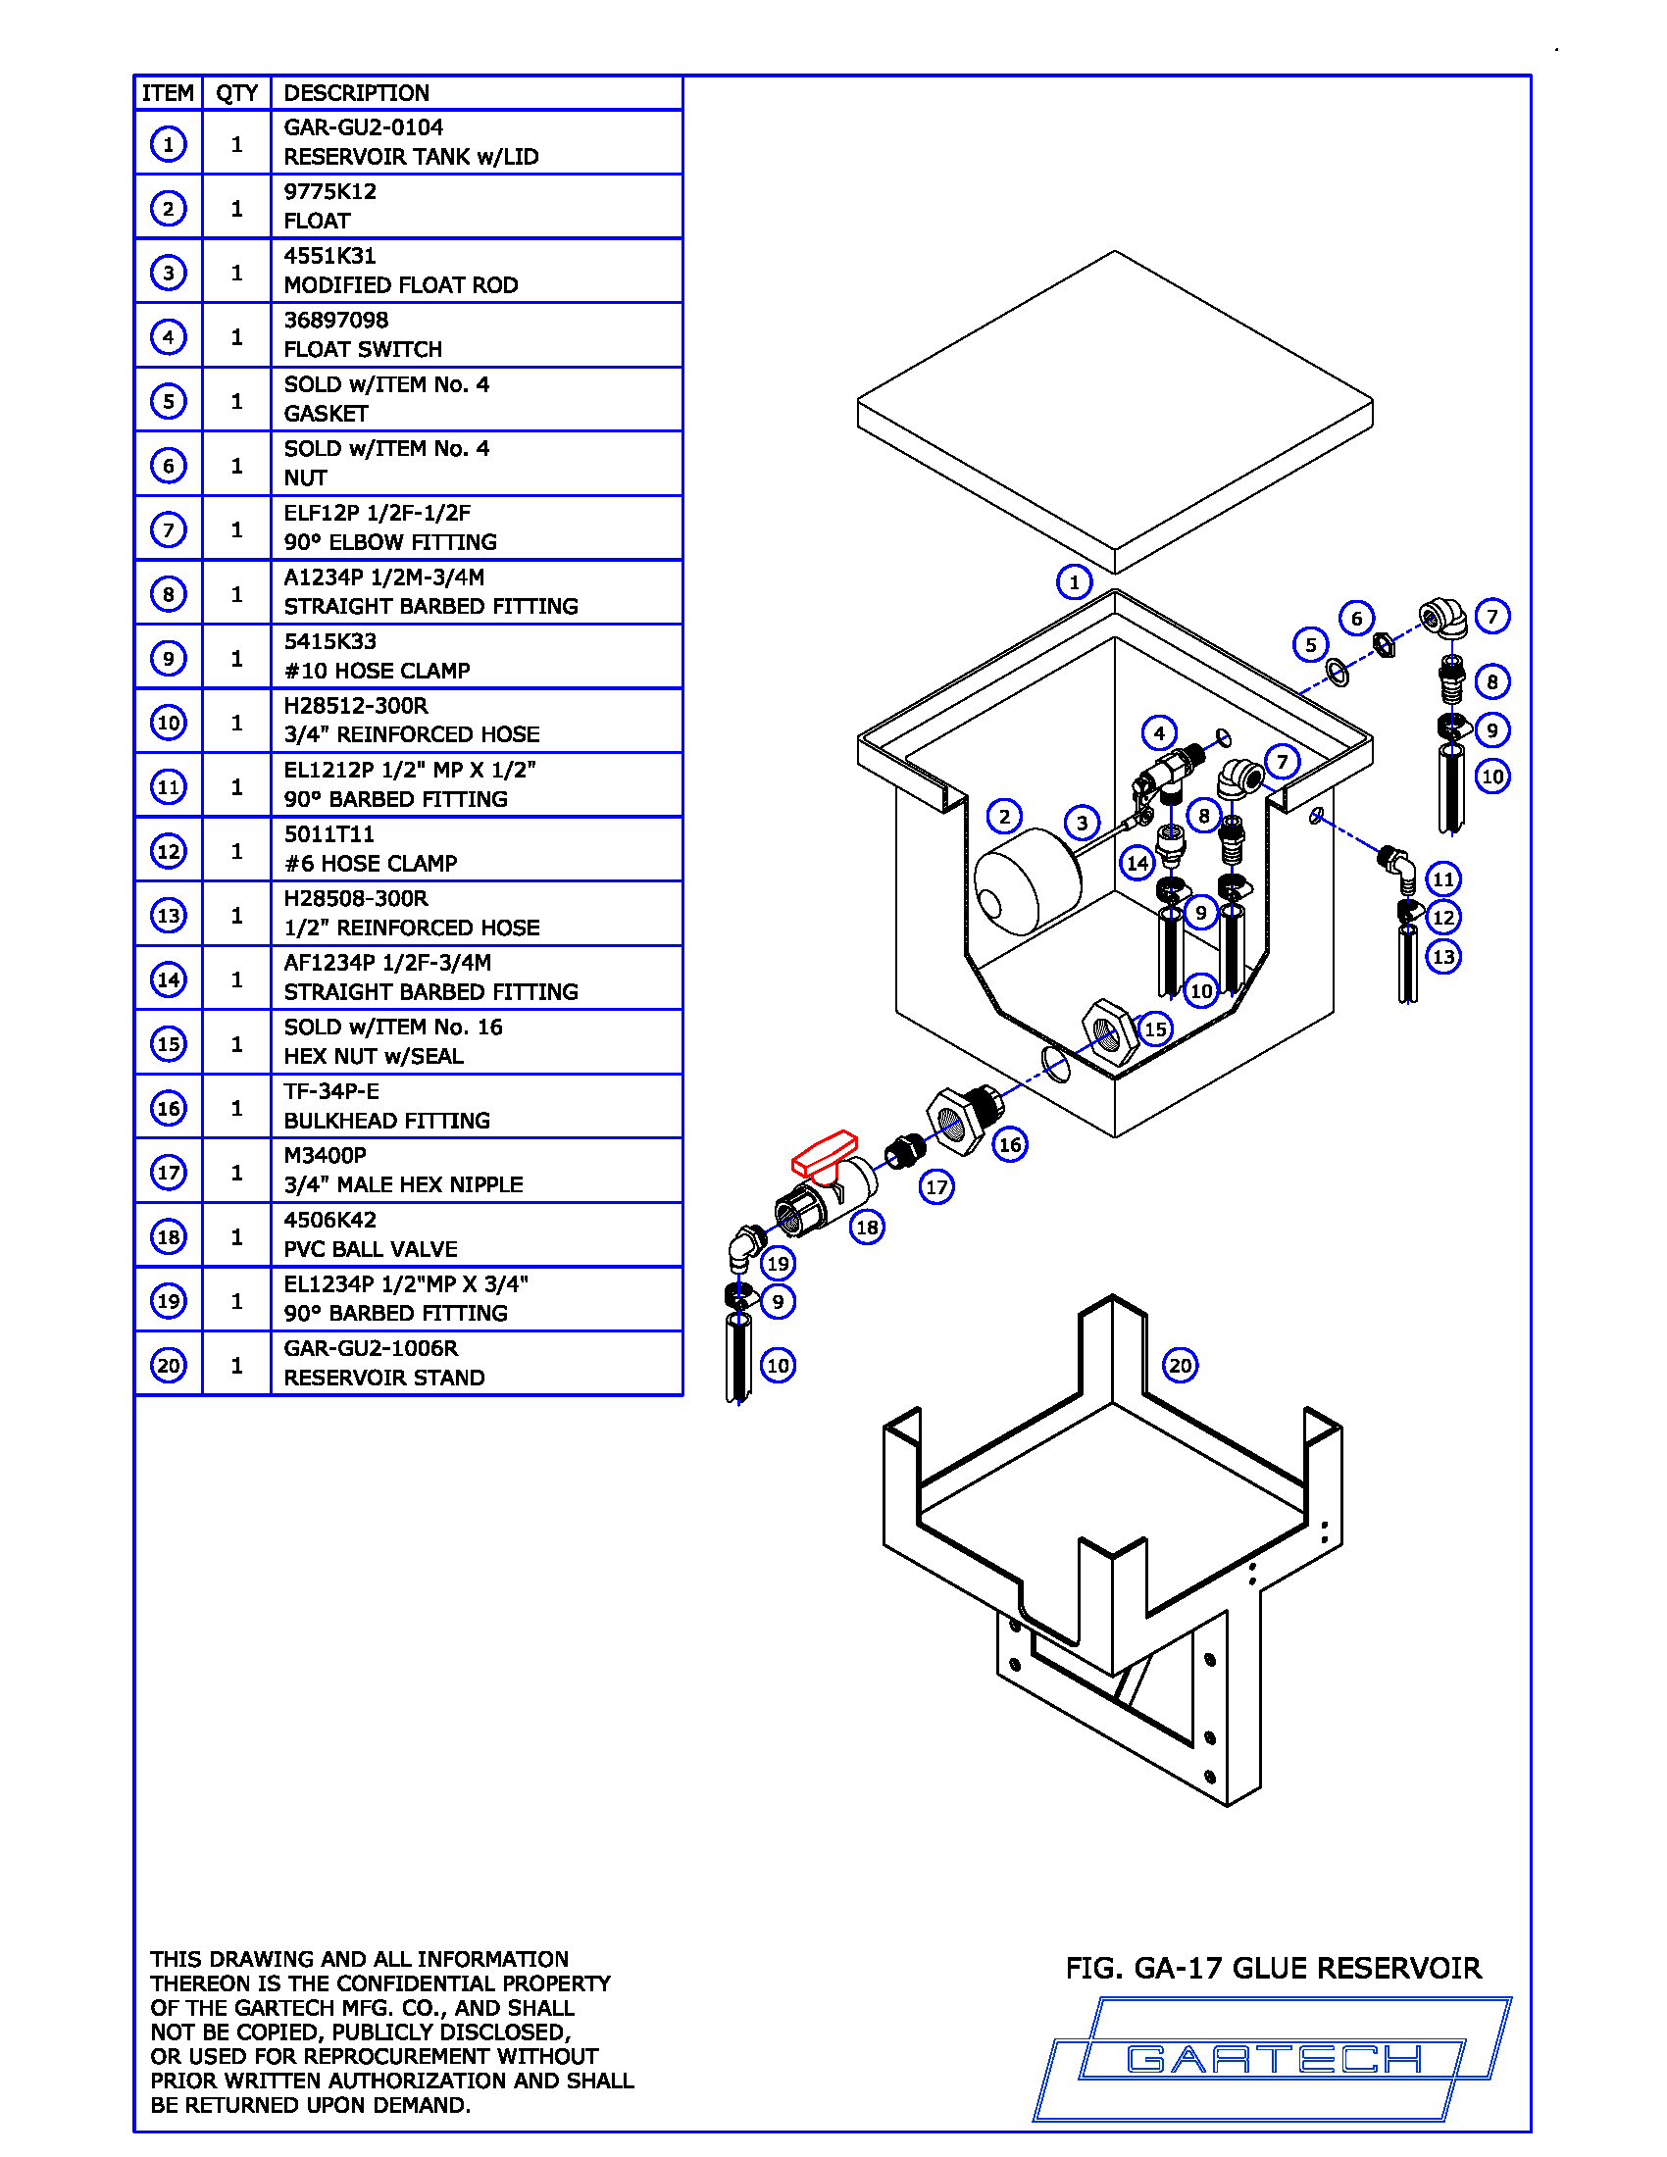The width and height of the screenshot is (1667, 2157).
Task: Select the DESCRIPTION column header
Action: coord(357,93)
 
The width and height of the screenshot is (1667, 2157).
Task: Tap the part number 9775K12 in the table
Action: coord(329,191)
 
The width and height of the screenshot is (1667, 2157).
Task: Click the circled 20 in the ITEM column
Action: coord(169,1365)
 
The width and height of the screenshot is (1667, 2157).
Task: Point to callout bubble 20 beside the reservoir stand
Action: coord(1180,1365)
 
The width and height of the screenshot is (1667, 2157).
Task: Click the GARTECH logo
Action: coord(1273,2059)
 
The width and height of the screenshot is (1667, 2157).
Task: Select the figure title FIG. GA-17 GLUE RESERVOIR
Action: coord(1273,1969)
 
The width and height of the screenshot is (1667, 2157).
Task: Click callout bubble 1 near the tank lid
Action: coord(1075,581)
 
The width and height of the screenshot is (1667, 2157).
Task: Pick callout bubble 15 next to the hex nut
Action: coord(1155,1029)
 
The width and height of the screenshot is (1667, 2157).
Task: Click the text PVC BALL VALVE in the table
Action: coord(371,1249)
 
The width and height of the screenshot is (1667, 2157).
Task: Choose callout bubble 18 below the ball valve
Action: coord(867,1227)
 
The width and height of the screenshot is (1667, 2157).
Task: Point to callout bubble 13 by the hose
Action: coord(1443,956)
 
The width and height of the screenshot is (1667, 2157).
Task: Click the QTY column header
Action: coord(237,93)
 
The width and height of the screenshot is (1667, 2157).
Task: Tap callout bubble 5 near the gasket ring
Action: coord(1310,645)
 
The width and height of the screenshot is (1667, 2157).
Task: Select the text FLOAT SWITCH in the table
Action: coord(363,350)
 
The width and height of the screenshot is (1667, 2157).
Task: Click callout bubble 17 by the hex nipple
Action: coord(936,1186)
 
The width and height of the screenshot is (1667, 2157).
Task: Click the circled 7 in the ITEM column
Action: coord(169,529)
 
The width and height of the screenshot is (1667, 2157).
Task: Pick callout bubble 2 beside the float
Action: coord(1004,816)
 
